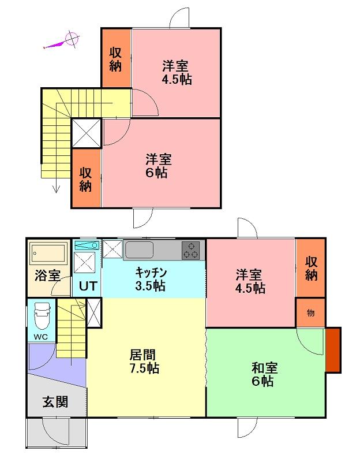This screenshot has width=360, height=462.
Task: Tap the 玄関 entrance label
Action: coord(55,401)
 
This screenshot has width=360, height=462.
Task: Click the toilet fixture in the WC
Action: coord(42,316)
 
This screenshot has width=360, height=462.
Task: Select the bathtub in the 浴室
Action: coord(49,254)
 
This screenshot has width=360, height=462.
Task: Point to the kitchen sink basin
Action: coord(139,250)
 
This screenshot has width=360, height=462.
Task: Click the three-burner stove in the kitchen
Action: coord(190,251)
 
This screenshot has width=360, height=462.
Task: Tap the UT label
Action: coord(88,286)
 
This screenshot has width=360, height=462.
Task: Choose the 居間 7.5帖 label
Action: coord(144,362)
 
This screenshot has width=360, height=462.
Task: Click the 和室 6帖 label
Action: coord(264,374)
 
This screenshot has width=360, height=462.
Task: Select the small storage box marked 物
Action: coord(310,312)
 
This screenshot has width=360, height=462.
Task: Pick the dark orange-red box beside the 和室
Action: coord(333,350)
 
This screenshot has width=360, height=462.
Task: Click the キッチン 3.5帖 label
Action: coord(151,279)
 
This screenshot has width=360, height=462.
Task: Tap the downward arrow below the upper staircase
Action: coord(56,185)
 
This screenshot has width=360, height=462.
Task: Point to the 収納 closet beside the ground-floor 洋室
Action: coord(310,268)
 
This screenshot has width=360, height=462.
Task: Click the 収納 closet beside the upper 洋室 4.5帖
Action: coord(117,58)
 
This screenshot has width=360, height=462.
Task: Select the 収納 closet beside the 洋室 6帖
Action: coord(86,178)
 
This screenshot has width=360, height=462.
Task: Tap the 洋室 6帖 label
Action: coord(158,166)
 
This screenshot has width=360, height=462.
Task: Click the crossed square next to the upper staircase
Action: coord(87,133)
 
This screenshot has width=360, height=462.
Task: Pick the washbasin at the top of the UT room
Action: coord(86,245)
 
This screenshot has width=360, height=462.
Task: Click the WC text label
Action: coord(40,337)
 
